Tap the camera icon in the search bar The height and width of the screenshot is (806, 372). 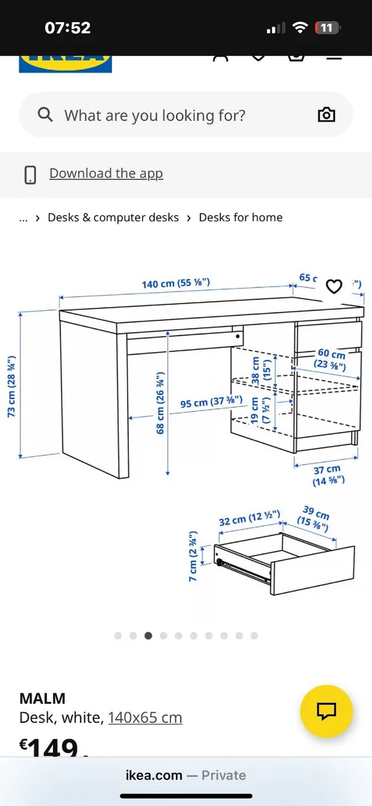point(326,115)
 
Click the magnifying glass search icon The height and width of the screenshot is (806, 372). point(45,115)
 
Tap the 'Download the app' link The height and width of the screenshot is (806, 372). point(106,173)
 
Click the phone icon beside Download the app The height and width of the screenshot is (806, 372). point(30,174)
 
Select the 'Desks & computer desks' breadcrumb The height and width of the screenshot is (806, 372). point(113,218)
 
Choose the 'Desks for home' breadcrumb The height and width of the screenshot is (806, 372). point(240,218)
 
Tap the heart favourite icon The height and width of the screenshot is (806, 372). point(334,287)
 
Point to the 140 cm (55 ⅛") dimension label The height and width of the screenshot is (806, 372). point(176,283)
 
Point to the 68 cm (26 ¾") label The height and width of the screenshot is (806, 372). point(161,402)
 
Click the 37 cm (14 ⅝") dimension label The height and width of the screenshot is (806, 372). point(328,475)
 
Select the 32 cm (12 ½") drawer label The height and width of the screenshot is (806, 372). point(249,521)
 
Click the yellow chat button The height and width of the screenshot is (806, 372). point(326,711)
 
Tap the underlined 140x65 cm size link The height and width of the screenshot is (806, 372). point(145,718)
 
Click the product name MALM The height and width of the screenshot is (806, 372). point(42,699)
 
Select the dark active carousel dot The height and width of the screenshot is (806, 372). point(148,635)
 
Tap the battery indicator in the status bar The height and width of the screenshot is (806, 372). point(328,28)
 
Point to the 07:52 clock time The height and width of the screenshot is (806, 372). point(67,28)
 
